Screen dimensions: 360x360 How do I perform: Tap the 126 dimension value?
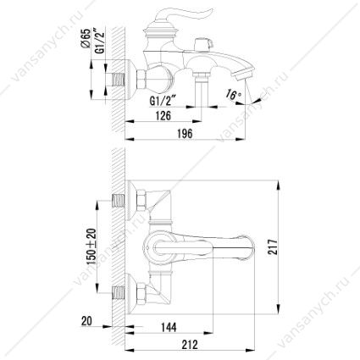[x=163, y=115]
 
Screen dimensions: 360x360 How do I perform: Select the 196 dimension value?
[x=185, y=133]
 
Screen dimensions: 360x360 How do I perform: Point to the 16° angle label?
[x=234, y=94]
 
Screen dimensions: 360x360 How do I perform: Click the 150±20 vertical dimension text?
[x=91, y=246]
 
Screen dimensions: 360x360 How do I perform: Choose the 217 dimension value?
[x=273, y=247]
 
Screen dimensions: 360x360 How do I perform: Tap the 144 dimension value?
[x=169, y=327]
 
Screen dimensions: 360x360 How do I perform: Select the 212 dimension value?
[x=189, y=345]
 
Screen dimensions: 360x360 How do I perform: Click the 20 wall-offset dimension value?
[x=86, y=321]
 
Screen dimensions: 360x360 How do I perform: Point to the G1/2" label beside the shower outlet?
[x=163, y=101]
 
